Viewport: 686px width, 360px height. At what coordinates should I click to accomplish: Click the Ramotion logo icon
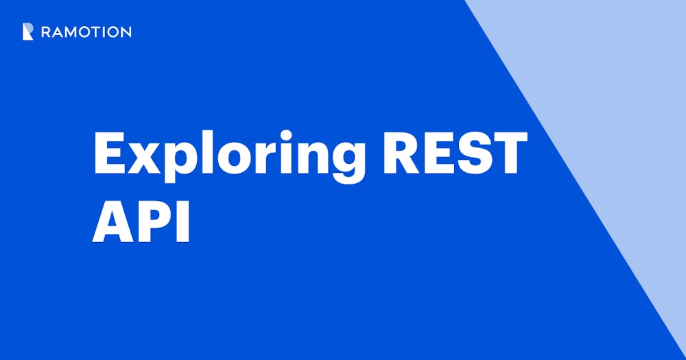click(x=27, y=32)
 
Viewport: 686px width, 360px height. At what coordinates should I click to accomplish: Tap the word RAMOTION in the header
click(x=86, y=32)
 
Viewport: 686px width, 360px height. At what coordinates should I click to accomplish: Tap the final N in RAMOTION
click(x=126, y=32)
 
